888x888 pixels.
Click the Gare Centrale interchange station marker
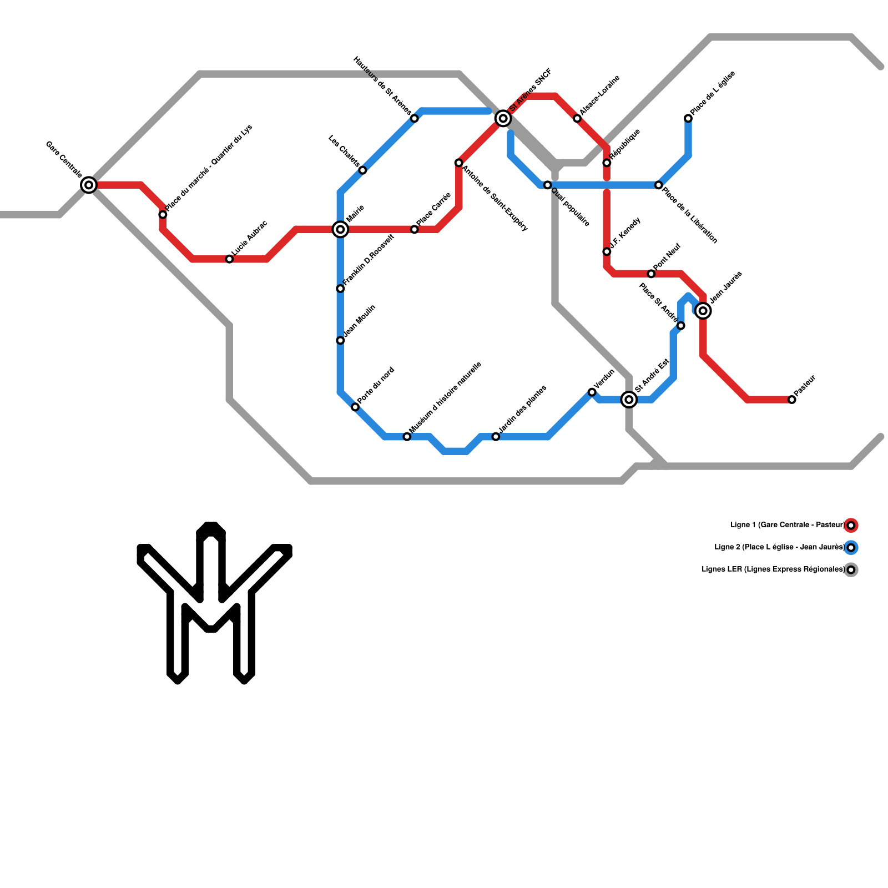tap(89, 185)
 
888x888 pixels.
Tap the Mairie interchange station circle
tap(340, 229)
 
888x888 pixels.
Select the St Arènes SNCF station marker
tap(503, 118)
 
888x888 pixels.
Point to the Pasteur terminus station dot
tap(791, 400)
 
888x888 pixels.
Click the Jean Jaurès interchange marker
tap(703, 311)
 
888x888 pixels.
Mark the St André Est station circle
tap(629, 400)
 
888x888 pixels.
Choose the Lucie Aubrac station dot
tap(229, 259)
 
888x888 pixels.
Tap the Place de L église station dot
tap(688, 118)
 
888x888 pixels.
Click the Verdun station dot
tap(592, 392)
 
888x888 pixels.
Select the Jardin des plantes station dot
tap(496, 437)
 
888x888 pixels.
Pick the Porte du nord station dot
tap(355, 407)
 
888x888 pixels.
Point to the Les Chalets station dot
tap(362, 170)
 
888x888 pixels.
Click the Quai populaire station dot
tap(547, 185)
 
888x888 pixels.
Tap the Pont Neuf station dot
tap(651, 274)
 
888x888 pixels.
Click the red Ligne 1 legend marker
tap(851, 525)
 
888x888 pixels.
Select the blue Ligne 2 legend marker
tap(851, 547)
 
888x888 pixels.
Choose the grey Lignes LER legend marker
tap(851, 569)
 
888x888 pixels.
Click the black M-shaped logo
tap(214, 602)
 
